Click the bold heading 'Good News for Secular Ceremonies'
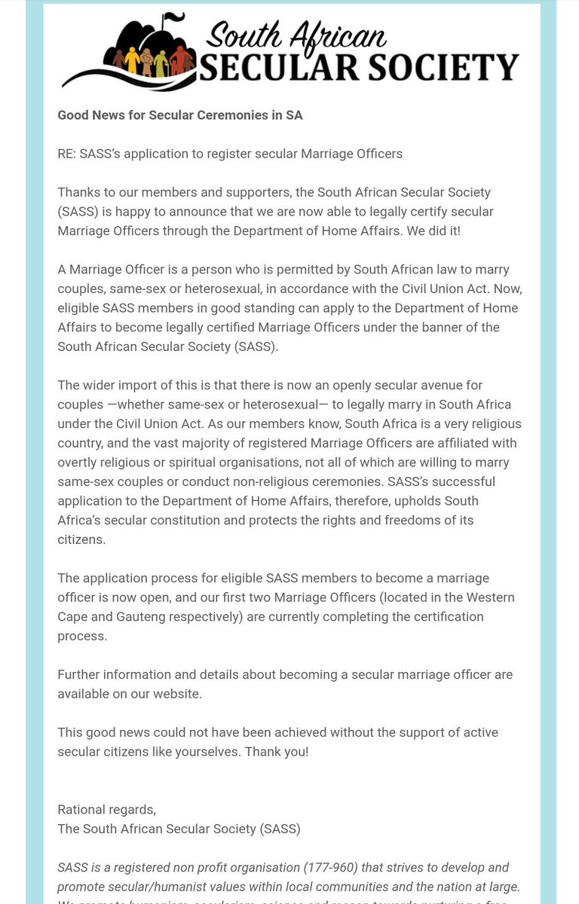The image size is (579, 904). [x=180, y=115]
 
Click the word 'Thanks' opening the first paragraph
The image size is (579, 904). [x=77, y=192]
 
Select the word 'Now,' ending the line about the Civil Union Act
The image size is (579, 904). [x=509, y=289]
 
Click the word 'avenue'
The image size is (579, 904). [x=461, y=385]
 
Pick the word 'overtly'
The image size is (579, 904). [x=79, y=462]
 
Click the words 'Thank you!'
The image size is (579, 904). [x=277, y=752]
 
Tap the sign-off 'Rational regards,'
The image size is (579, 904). [x=106, y=810]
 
